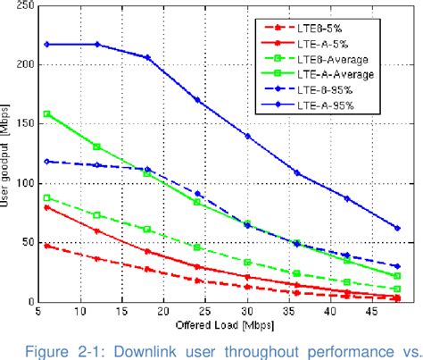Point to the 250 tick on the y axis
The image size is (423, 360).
click(x=26, y=6)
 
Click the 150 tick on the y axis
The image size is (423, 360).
click(x=26, y=124)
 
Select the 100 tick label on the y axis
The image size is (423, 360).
click(x=26, y=183)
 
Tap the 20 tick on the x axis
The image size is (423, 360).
click(x=162, y=313)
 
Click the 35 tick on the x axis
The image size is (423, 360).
click(x=321, y=313)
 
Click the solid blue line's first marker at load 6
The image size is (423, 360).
click(x=46, y=44)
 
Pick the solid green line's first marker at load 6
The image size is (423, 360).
click(x=46, y=114)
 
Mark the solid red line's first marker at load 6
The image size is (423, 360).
click(x=46, y=207)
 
